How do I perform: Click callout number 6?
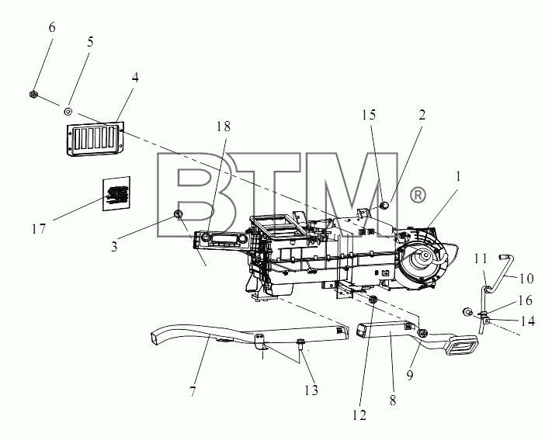52,27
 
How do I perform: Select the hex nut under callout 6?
33,95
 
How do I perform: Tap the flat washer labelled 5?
68,112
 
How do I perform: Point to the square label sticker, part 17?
116,193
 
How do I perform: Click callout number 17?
39,229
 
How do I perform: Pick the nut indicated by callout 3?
178,213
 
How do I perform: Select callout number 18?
223,127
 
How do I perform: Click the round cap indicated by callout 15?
384,204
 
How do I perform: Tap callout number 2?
422,115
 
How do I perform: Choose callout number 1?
458,176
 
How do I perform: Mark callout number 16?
525,301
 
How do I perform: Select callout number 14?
528,321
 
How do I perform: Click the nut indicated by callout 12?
373,300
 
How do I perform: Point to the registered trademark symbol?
418,195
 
